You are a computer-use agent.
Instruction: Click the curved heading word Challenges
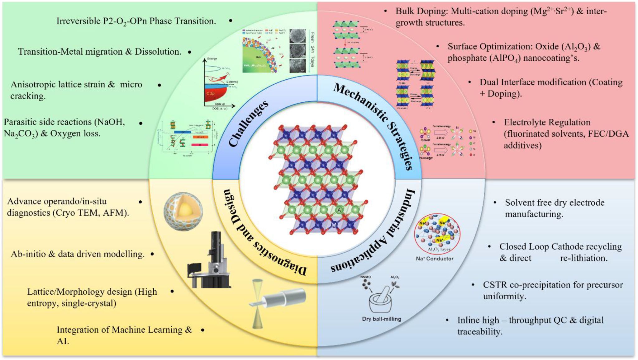[248, 123]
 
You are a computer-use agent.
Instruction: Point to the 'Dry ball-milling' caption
[381, 319]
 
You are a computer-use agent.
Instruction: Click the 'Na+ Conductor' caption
[435, 259]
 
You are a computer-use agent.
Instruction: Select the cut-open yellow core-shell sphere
[183, 211]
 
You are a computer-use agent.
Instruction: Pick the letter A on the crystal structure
[339, 210]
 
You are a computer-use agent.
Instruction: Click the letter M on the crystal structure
[334, 225]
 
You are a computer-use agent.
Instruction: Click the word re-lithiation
[583, 258]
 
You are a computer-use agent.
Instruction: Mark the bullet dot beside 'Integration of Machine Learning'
[202, 330]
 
